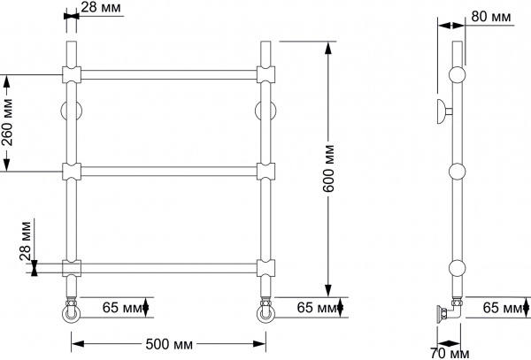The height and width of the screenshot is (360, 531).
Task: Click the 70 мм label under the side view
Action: pyautogui.click(x=451, y=353)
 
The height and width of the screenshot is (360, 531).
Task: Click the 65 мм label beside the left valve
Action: pyautogui.click(x=121, y=308)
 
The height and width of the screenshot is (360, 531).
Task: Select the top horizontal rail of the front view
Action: pyautogui.click(x=168, y=73)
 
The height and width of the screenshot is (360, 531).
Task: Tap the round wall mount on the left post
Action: pyautogui.click(x=71, y=111)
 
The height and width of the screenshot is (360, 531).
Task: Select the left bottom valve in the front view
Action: pyautogui.click(x=70, y=312)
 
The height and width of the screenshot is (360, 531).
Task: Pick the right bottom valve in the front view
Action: pyautogui.click(x=265, y=312)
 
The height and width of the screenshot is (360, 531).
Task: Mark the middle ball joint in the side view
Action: pyautogui.click(x=457, y=172)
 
